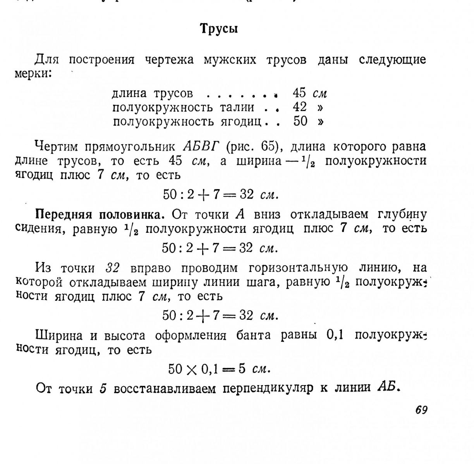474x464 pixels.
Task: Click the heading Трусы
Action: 219,29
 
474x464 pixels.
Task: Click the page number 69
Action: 421,410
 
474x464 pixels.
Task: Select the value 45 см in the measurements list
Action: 310,93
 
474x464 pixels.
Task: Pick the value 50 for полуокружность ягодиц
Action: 301,121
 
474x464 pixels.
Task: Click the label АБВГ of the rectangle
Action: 201,147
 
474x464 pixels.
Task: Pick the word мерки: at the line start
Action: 33,74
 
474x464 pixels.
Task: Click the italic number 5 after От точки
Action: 103,388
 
